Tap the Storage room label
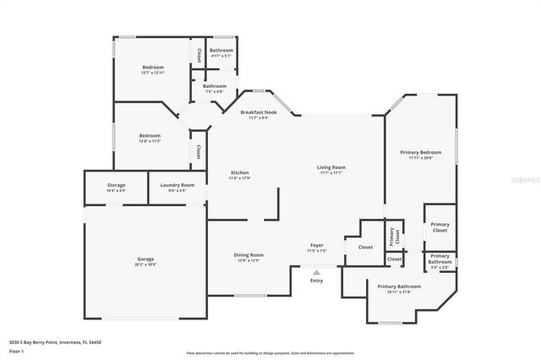[x=116, y=185]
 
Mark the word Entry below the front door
[x=316, y=280]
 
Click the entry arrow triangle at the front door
[x=316, y=272]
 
